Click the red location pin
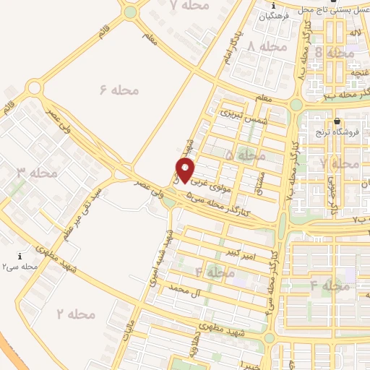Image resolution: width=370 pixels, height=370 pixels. point(186,171)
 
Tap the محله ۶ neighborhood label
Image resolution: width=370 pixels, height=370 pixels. point(119,90)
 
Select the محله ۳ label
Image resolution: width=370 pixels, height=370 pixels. point(37,173)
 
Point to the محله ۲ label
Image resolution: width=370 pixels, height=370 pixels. point(76,314)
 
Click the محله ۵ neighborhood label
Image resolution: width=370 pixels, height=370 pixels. point(246,155)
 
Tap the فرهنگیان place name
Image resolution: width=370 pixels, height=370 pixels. point(276,15)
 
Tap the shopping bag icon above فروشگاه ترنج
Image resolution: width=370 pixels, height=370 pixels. point(337,121)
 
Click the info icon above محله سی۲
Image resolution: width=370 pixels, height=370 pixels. point(20,256)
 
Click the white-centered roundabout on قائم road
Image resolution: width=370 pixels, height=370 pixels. point(33,89)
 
